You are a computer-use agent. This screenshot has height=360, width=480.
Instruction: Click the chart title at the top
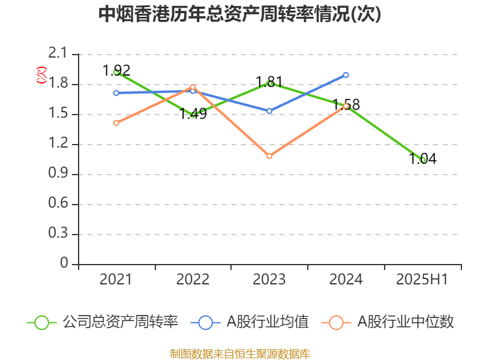click(x=239, y=14)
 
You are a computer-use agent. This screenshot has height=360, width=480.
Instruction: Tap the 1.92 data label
click(x=116, y=70)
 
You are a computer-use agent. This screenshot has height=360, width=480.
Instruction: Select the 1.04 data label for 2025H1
click(x=423, y=159)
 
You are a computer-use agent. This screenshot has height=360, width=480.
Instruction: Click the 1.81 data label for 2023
click(x=269, y=82)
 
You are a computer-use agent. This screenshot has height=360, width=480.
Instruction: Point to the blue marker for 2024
click(x=346, y=75)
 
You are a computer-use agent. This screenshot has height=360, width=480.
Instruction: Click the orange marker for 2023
click(x=269, y=156)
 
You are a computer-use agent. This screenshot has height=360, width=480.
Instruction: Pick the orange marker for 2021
click(x=116, y=123)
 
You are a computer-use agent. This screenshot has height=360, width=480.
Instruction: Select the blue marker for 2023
click(x=269, y=111)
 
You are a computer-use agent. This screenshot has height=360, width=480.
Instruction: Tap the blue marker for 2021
click(x=116, y=93)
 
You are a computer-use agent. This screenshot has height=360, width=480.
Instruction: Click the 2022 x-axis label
click(x=193, y=280)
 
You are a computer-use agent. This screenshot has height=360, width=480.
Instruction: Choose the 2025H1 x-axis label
click(x=423, y=280)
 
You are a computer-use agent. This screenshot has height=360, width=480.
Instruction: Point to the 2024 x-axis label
click(x=346, y=280)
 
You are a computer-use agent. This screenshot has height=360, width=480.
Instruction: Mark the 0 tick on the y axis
click(x=65, y=265)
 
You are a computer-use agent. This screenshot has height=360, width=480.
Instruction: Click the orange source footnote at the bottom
click(x=239, y=353)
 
